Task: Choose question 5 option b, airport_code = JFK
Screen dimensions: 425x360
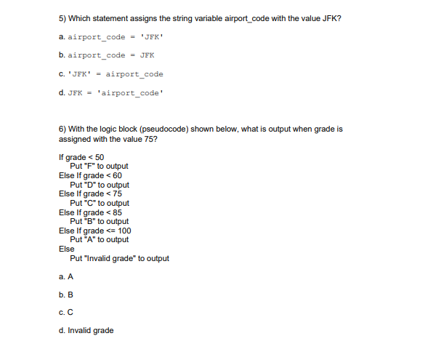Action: pyautogui.click(x=105, y=55)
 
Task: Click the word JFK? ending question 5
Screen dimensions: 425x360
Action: pyautogui.click(x=333, y=18)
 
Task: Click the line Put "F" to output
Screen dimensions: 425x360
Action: pyautogui.click(x=99, y=167)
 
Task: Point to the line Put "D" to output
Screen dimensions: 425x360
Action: pyautogui.click(x=100, y=185)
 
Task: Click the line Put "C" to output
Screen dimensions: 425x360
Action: pyautogui.click(x=100, y=203)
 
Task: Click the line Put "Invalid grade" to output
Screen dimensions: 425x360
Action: pyautogui.click(x=119, y=258)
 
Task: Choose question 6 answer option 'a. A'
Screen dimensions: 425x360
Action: pyautogui.click(x=66, y=277)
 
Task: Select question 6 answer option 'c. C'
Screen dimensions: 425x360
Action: pyautogui.click(x=66, y=313)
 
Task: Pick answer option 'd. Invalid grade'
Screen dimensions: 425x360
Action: pyautogui.click(x=85, y=331)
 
